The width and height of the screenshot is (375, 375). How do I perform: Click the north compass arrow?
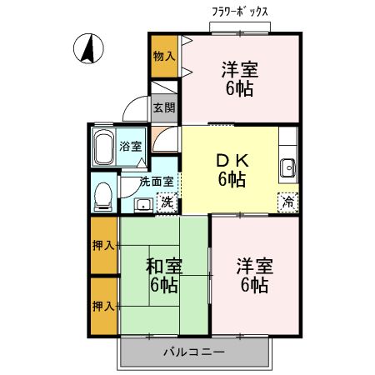[x=86, y=49]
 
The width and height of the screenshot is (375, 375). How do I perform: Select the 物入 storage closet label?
[x=163, y=57]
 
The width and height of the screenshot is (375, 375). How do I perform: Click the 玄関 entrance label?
[x=164, y=107]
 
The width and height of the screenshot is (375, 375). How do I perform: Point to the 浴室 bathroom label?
[x=130, y=146]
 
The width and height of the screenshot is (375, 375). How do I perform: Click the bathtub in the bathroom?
[x=104, y=147]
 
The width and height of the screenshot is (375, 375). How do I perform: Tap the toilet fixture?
[x=102, y=195]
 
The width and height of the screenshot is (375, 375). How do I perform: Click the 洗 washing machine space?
[x=167, y=201]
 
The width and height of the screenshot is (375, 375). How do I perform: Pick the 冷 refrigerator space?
[x=287, y=201]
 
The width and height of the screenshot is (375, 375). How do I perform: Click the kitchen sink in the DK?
[x=288, y=166]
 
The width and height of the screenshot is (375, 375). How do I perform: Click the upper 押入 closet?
[x=103, y=246]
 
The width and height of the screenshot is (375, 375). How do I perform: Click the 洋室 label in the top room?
[x=239, y=79]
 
